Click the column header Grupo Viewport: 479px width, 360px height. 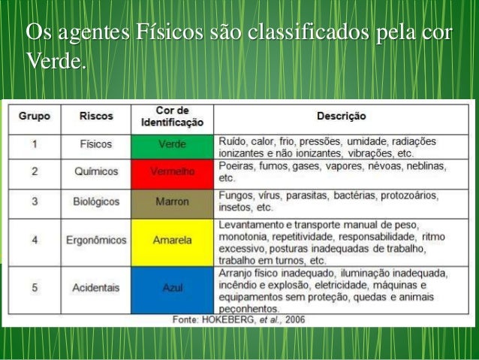35,116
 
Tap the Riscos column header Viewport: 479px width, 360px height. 96,116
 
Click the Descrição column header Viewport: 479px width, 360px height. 341,116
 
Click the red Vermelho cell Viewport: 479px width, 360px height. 172,172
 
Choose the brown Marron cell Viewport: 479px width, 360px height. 172,202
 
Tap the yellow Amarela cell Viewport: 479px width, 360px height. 172,241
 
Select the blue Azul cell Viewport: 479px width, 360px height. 172,288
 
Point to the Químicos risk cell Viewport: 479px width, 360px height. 96,172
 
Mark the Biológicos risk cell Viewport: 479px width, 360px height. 96,202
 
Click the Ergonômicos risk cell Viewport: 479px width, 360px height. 96,241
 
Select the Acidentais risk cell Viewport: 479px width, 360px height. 96,288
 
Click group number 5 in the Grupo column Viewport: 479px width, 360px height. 35,288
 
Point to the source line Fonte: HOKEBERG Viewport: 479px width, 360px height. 239,320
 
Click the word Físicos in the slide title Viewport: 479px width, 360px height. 158,35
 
